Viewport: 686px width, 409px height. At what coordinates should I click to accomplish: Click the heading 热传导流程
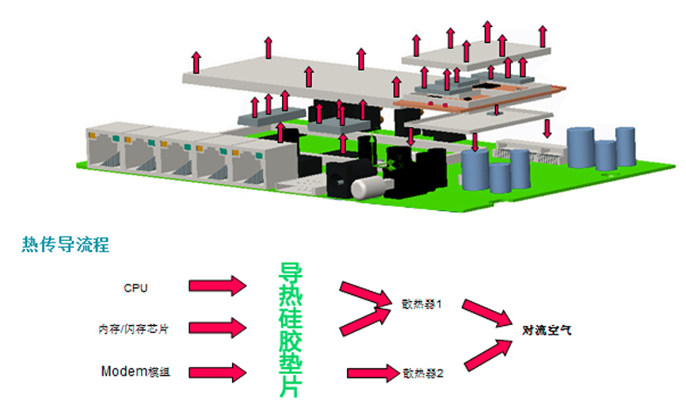(66, 245)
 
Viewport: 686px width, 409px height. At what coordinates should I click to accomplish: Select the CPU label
(136, 286)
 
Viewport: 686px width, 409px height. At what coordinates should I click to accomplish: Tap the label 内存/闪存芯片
(132, 329)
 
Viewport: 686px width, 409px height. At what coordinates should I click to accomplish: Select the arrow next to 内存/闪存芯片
(218, 328)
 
